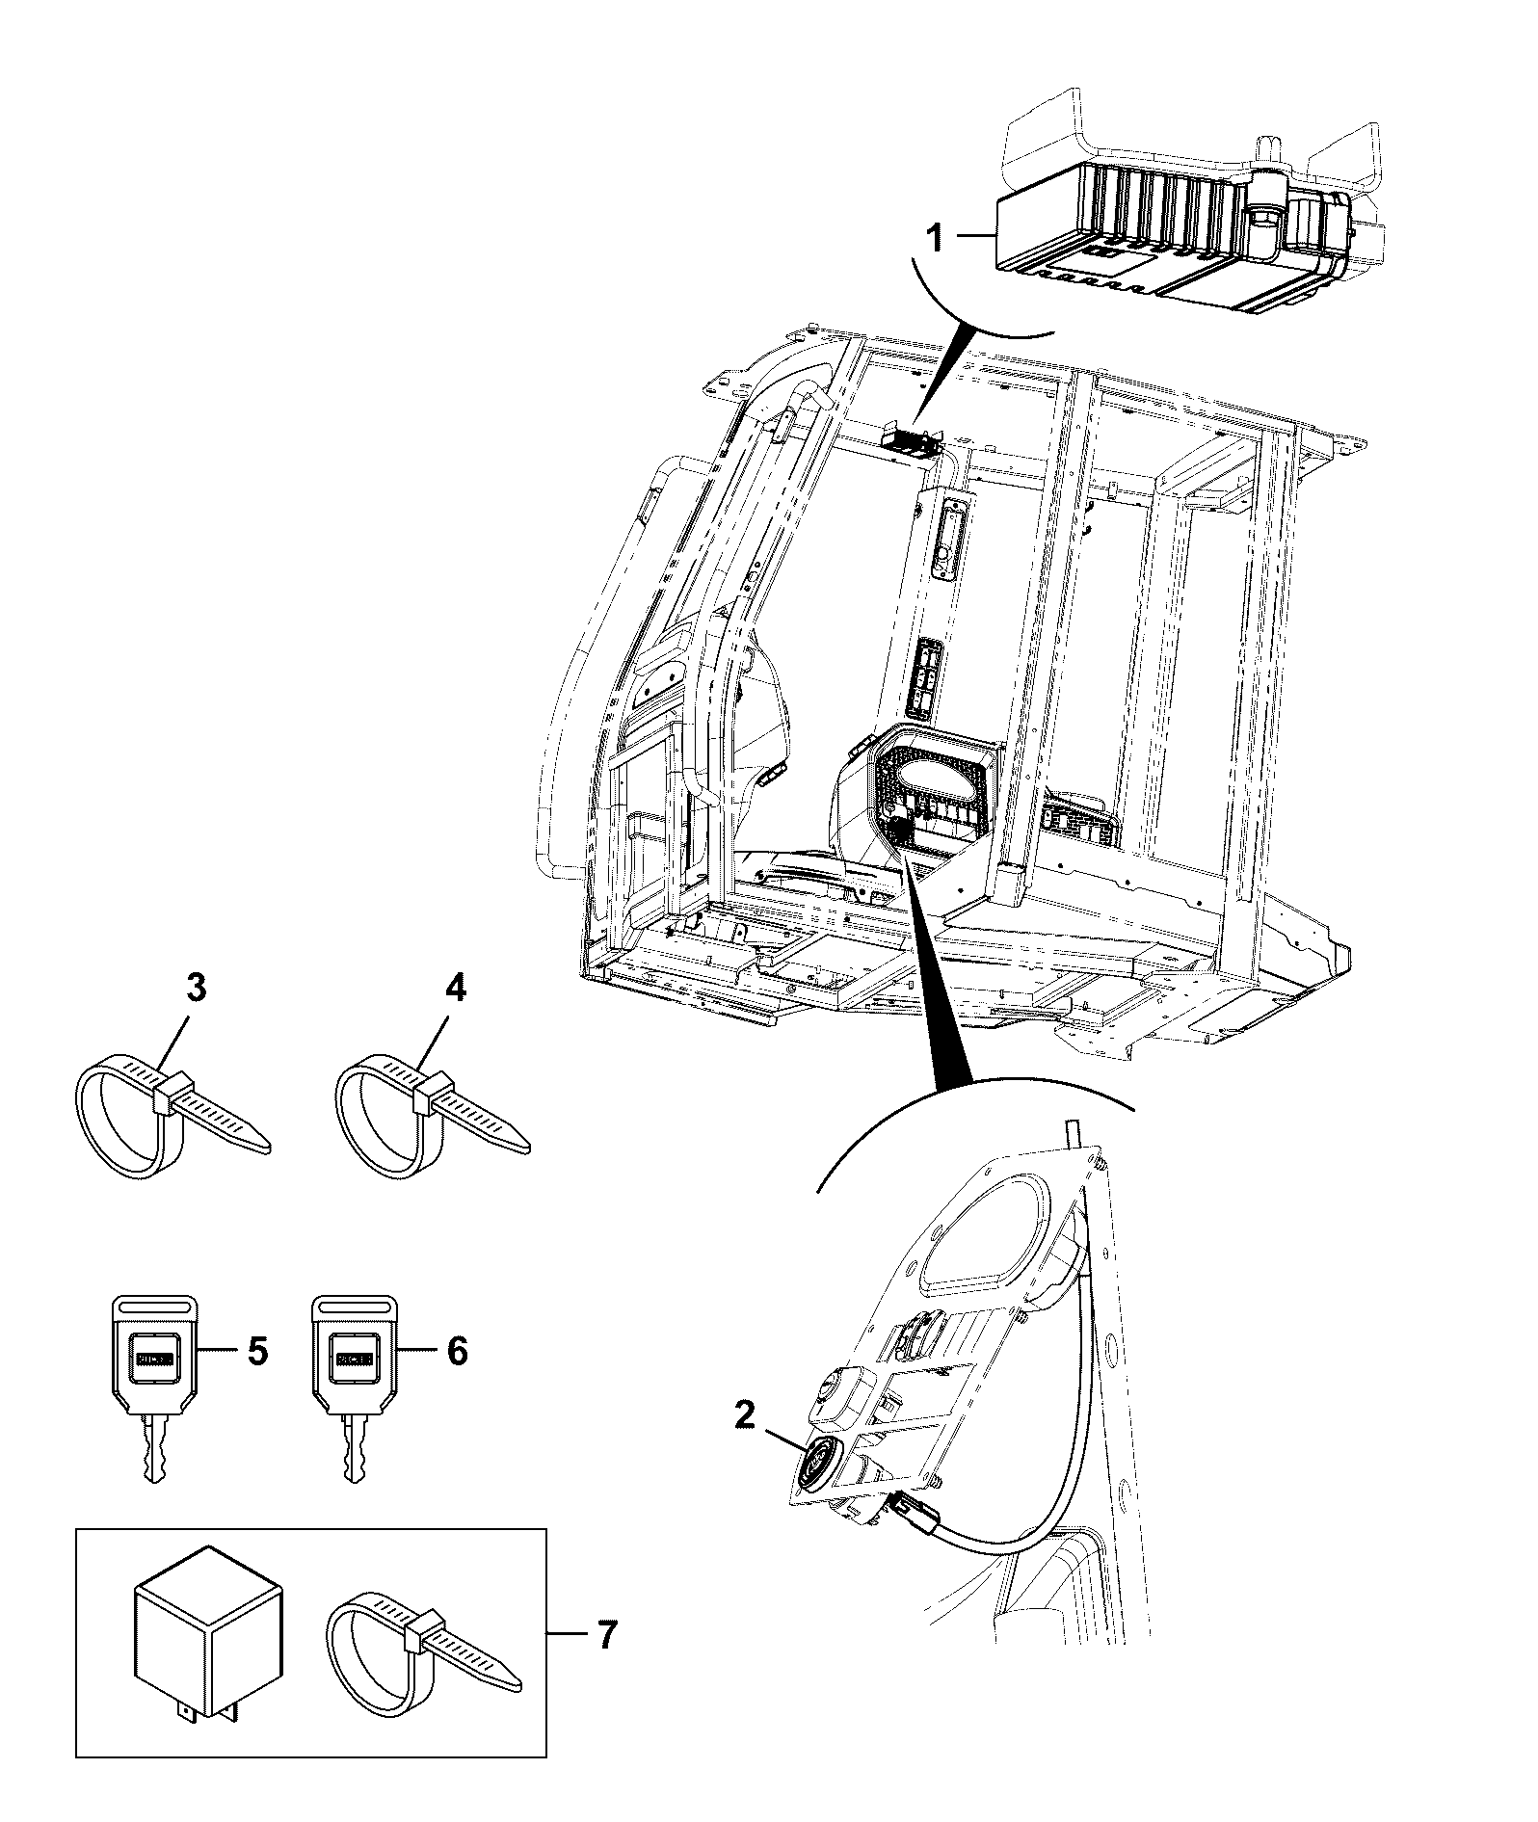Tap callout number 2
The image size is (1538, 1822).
744,1414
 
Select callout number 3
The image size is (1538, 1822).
196,989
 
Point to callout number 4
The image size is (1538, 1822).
455,989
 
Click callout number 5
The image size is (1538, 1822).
258,1352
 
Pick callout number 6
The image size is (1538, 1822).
457,1352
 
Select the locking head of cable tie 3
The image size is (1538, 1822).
170,1095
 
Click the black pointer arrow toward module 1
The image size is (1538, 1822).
941,374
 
